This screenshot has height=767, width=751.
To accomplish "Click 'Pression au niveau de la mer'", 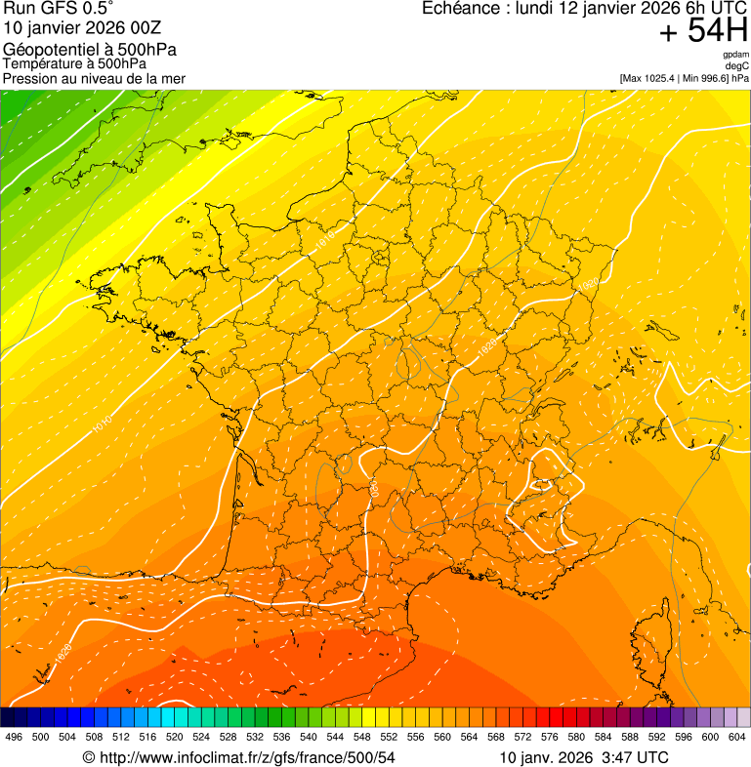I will (94, 78).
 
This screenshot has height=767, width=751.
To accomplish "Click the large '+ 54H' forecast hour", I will (703, 31).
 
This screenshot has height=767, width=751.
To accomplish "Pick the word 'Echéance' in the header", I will (460, 9).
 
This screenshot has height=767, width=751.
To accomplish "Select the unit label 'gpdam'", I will (735, 55).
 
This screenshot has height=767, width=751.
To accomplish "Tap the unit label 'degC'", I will (737, 65).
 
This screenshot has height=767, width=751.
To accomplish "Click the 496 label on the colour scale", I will (14, 737).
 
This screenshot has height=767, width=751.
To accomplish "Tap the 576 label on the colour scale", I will (550, 737).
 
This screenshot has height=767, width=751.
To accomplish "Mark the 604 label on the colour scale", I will (737, 737).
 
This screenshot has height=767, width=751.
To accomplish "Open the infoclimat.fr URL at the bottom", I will (239, 757).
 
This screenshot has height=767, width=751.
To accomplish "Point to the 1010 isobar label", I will (102, 422).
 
